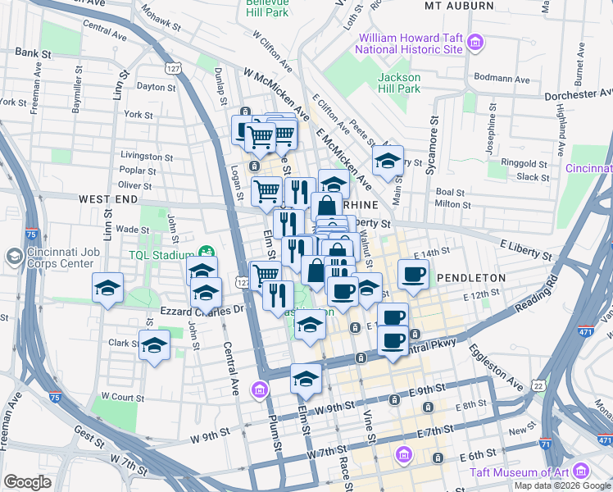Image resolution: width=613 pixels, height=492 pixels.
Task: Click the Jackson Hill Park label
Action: (x=398, y=83)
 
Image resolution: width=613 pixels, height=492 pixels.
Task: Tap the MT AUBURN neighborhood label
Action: (x=459, y=6)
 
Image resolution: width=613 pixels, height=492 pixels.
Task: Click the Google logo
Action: (x=28, y=482)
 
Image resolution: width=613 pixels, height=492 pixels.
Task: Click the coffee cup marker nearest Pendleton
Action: (x=413, y=275)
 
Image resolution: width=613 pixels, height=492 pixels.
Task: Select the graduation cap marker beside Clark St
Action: (x=154, y=346)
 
